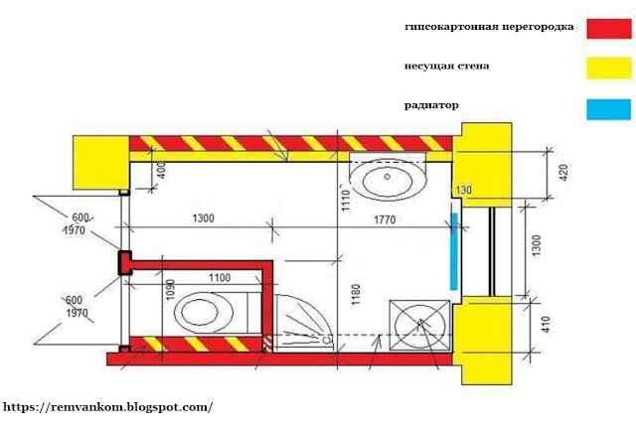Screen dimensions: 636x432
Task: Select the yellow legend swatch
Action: coord(607,68)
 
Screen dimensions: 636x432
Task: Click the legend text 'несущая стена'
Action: coord(446,67)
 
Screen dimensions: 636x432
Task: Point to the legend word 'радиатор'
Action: coord(431,104)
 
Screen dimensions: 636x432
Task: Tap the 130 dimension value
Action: coord(463,189)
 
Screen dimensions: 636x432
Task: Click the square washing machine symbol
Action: coord(418,323)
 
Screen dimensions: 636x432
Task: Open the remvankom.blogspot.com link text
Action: coord(108,407)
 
